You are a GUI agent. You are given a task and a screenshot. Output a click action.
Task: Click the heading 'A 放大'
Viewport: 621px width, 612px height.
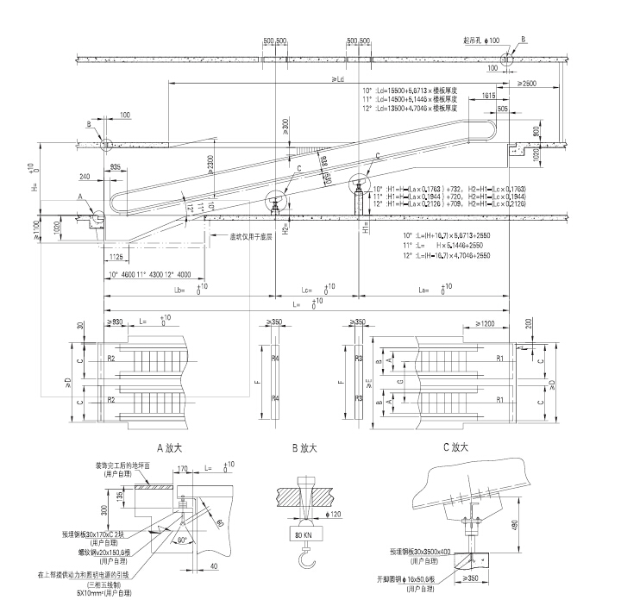coord(172,448)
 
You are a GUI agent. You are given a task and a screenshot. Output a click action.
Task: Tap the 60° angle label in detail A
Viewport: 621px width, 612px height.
coord(184,541)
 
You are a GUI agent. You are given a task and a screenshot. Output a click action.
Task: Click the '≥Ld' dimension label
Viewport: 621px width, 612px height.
coord(338,79)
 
